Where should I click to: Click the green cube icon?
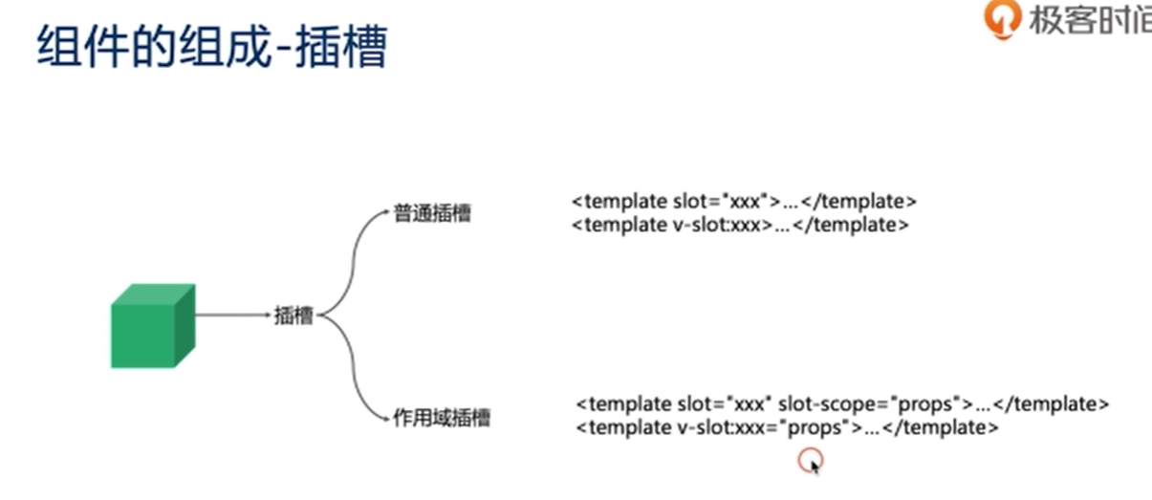coord(152,326)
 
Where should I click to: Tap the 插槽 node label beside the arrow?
coord(293,315)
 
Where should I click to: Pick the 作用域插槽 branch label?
coord(442,418)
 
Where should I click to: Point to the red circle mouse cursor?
coord(810,462)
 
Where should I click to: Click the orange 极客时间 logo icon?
coord(1001,19)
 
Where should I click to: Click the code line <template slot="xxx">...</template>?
coord(745,202)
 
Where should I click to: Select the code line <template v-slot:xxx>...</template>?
coord(740,226)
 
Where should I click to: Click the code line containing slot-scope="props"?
coord(842,403)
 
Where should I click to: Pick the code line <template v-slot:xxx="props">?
coord(787,427)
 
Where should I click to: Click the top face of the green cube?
coord(153,294)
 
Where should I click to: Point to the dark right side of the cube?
coord(185,326)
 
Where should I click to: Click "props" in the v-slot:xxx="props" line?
coord(815,427)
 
